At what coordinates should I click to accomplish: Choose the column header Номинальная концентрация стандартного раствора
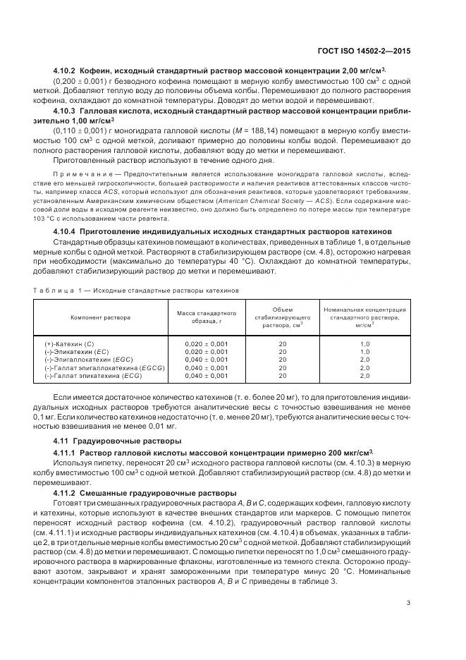[364, 317]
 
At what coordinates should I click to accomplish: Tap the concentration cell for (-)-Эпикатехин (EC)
[364, 351]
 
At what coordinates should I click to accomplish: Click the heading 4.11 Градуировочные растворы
[104, 441]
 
